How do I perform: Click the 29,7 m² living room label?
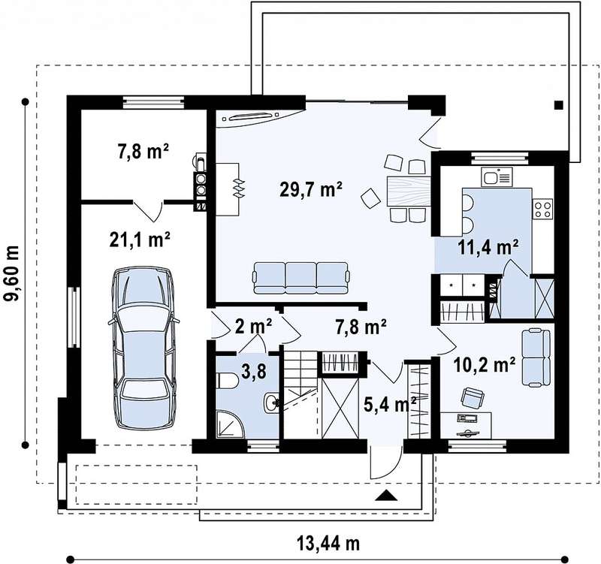pos(311,189)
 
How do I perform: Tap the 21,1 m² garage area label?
pos(140,240)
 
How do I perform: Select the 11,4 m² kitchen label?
pos(488,247)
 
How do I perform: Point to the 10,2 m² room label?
pos(484,365)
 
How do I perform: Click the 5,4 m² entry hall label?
pos(390,404)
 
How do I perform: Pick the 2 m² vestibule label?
pos(253,327)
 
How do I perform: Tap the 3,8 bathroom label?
pos(254,371)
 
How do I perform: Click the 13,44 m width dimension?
pos(328,543)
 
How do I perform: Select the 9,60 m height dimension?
pos(12,273)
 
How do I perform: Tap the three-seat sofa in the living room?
pos(301,278)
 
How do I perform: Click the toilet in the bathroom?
pos(228,381)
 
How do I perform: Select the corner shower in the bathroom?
pos(230,424)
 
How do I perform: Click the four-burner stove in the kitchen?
pos(543,209)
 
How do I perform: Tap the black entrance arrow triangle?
pos(386,496)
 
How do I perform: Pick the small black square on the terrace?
pos(559,104)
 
